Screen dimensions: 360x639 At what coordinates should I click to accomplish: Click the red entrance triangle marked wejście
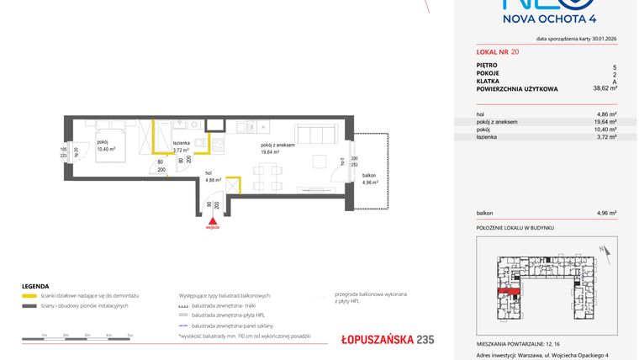coord(214,220)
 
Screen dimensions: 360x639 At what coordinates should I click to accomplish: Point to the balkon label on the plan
coord(369,175)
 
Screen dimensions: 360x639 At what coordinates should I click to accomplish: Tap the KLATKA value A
coord(615,80)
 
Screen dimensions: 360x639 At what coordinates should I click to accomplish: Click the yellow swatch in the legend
coord(29,297)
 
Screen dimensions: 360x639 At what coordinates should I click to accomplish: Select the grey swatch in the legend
coord(29,305)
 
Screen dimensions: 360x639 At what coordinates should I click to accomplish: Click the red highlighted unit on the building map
coord(507,291)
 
